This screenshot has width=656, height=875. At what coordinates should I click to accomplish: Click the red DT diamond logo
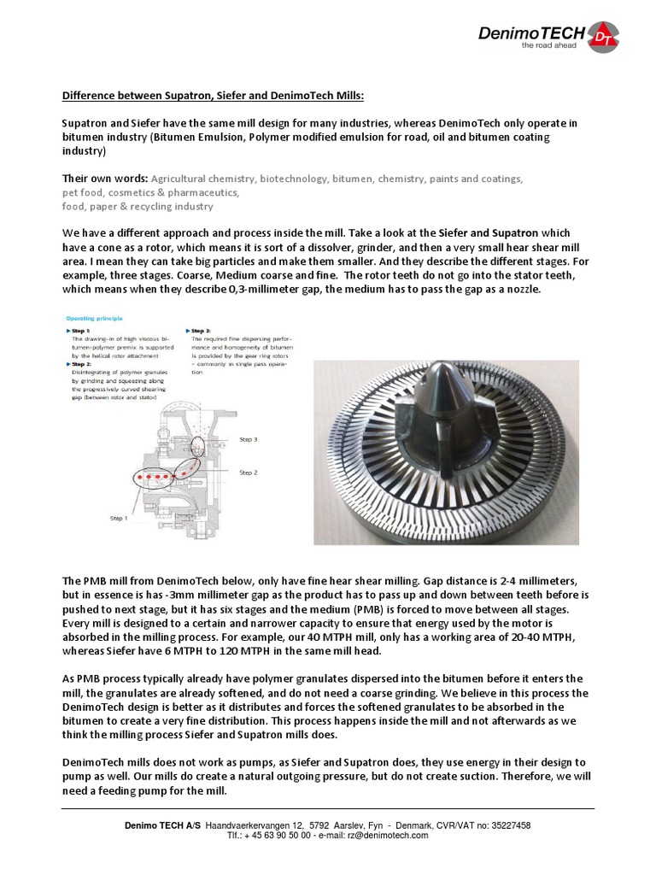pos(603,36)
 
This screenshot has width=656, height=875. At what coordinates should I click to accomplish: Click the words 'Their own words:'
pos(105,179)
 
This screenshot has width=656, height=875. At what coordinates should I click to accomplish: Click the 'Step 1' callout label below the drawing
pos(119,517)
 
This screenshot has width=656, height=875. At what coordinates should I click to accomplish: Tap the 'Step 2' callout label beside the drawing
pos(248,472)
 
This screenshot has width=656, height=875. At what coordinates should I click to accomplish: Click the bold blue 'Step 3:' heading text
pos(202,329)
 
